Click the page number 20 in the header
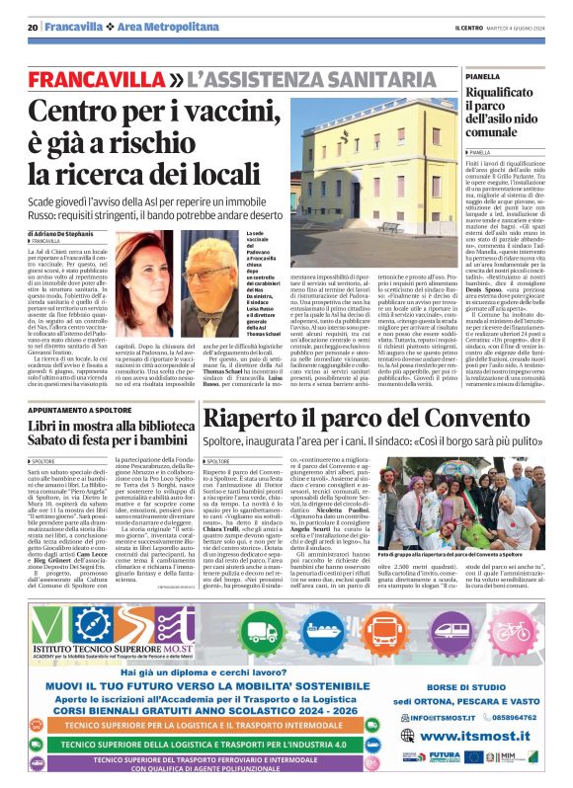coord(33,28)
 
